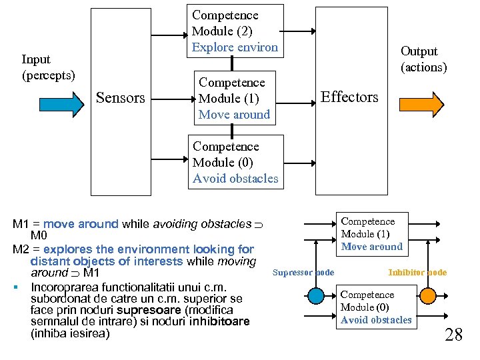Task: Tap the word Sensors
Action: coord(121,98)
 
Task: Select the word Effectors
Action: coord(349,97)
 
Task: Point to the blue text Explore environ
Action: coord(235,47)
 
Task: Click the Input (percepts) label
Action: coord(49,67)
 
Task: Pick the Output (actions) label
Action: coord(423,59)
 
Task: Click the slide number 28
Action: coord(453,334)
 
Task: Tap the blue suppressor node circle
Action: coord(315,295)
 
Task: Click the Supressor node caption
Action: coord(303,272)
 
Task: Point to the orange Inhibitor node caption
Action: coord(417,272)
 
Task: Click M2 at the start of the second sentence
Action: coord(21,249)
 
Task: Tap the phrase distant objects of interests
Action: coord(107,261)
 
